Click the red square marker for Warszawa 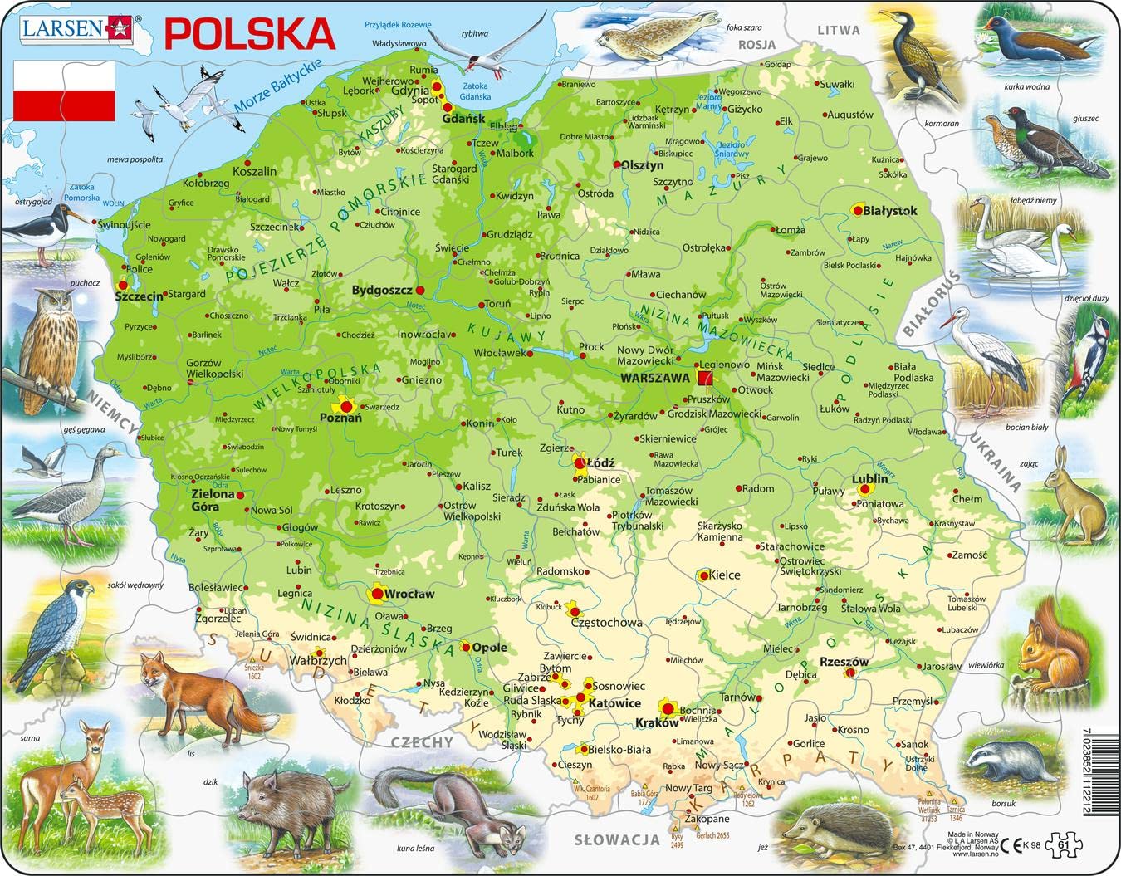pyautogui.click(x=705, y=379)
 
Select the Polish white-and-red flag pyautogui.click(x=65, y=92)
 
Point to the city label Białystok pyautogui.click(x=890, y=211)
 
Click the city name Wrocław pyautogui.click(x=409, y=595)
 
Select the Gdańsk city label pyautogui.click(x=463, y=119)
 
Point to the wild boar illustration pyautogui.click(x=282, y=801)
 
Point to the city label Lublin pyautogui.click(x=869, y=479)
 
